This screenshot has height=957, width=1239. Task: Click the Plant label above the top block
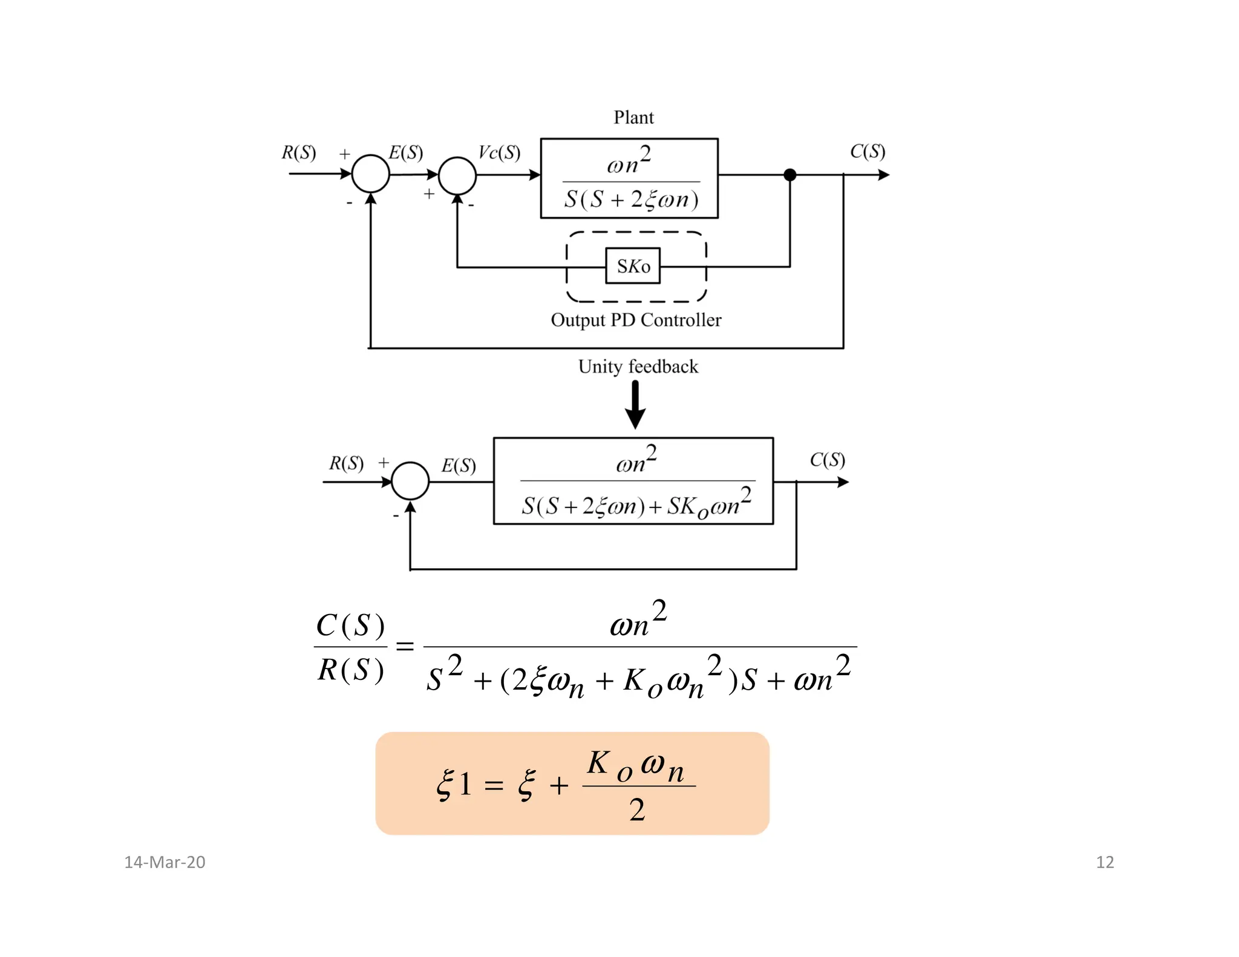point(633,117)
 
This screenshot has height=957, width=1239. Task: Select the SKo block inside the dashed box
point(633,266)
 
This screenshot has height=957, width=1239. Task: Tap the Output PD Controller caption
point(636,320)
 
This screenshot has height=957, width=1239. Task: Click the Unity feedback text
point(638,367)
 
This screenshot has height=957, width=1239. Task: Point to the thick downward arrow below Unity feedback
point(635,405)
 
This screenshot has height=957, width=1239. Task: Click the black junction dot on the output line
point(789,175)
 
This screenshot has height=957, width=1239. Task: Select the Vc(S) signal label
point(499,152)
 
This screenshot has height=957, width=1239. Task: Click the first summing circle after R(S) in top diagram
point(370,174)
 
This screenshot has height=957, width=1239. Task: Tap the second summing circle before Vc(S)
point(457,175)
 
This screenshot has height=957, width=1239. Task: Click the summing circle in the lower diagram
point(410,481)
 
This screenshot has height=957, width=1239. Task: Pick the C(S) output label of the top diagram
point(868,151)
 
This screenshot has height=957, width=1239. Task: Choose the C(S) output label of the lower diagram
point(828,460)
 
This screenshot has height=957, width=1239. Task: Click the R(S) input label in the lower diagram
point(346,463)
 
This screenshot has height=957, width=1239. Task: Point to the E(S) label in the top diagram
point(405,152)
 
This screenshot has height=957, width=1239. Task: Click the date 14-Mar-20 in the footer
point(165,862)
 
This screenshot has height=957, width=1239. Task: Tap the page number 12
point(1105,862)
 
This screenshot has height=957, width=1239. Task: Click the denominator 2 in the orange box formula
point(637,810)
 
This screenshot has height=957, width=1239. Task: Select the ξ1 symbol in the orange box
point(454,785)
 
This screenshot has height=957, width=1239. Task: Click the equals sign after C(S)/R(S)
point(405,647)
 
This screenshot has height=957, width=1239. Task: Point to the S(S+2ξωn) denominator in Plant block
point(631,199)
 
